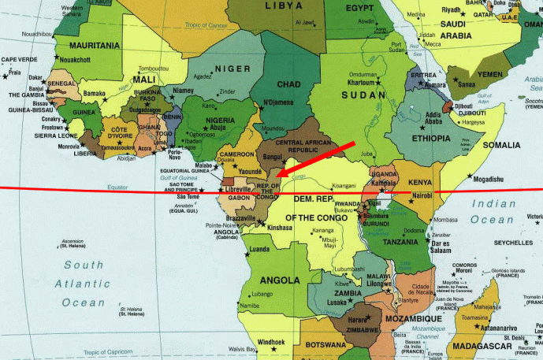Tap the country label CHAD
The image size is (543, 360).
288,84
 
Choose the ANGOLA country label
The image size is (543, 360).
280,280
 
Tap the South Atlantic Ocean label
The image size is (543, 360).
83,284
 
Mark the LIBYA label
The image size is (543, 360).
288,6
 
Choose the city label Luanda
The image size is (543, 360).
260,250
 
